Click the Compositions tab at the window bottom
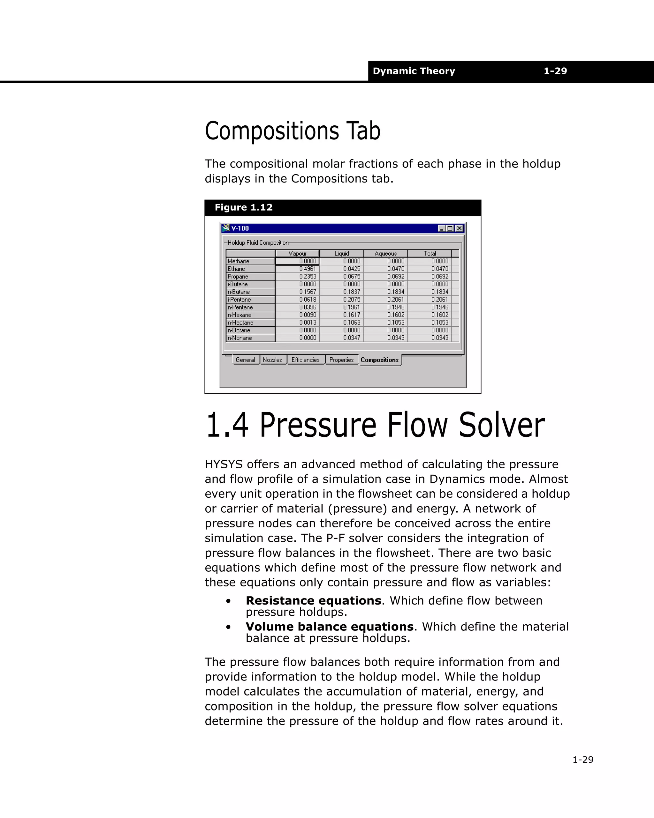point(379,360)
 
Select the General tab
point(245,360)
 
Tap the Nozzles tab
point(272,360)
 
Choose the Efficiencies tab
point(305,360)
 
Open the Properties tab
point(341,360)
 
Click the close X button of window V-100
point(459,228)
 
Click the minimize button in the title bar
point(441,228)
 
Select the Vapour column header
point(297,253)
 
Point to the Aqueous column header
point(385,253)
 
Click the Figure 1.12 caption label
point(243,208)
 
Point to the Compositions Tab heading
point(293,131)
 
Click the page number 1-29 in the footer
point(582,759)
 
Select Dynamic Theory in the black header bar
point(414,71)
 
